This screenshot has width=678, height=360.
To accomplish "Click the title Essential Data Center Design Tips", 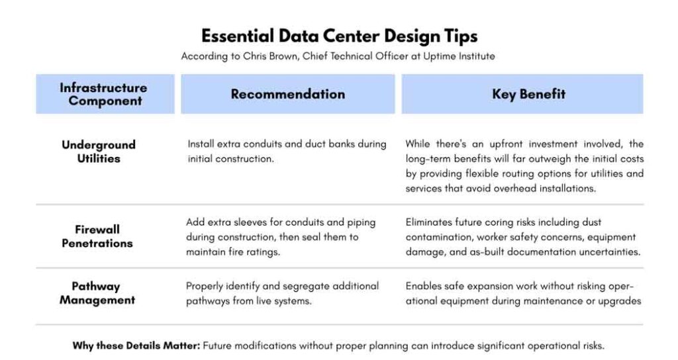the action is point(340,36).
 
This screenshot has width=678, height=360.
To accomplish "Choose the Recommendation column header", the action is point(288,94).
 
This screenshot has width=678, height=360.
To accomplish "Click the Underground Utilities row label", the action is point(99,152).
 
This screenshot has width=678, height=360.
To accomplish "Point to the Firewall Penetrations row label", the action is point(97,236).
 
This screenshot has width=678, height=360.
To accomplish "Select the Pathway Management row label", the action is point(97,293).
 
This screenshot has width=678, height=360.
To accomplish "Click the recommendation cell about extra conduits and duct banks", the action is point(287,152).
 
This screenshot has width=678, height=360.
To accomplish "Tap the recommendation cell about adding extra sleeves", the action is point(281,237).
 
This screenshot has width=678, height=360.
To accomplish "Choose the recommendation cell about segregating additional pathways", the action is point(282,293).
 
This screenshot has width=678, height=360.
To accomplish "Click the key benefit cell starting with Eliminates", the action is point(523,237).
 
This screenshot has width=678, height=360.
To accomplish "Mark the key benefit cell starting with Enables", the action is point(523,293).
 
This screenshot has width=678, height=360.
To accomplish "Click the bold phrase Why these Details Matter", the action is point(136,345).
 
